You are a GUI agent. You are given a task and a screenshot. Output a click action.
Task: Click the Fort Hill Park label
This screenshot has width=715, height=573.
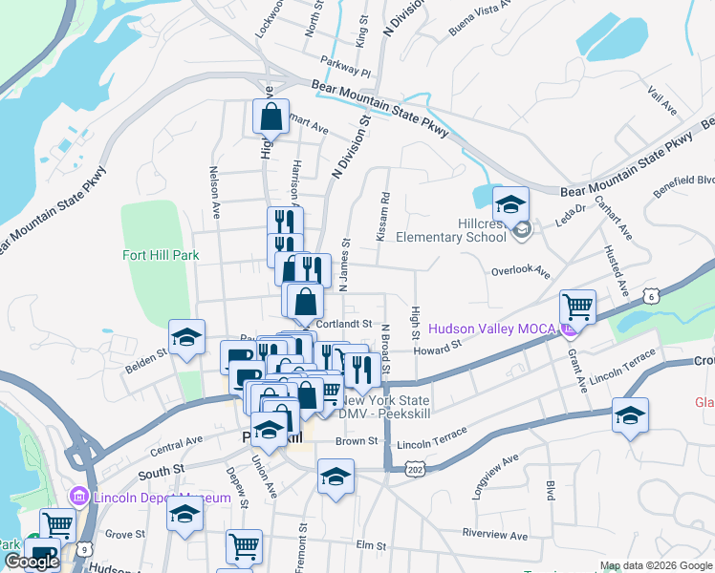[x=161, y=255]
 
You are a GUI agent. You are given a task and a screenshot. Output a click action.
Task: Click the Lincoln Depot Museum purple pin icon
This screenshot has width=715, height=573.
[x=78, y=497]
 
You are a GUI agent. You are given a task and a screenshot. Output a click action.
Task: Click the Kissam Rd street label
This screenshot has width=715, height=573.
[x=383, y=217]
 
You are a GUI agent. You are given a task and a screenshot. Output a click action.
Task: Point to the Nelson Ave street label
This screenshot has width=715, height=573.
[x=215, y=195]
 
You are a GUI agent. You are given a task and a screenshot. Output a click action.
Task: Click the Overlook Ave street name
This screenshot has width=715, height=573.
[x=520, y=271]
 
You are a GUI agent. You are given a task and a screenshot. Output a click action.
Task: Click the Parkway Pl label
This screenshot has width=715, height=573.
[x=345, y=71]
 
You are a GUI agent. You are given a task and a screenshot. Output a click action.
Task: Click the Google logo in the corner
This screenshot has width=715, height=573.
[x=32, y=562]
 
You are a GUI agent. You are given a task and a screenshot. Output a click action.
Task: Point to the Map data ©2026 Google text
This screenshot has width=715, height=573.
[x=656, y=566]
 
